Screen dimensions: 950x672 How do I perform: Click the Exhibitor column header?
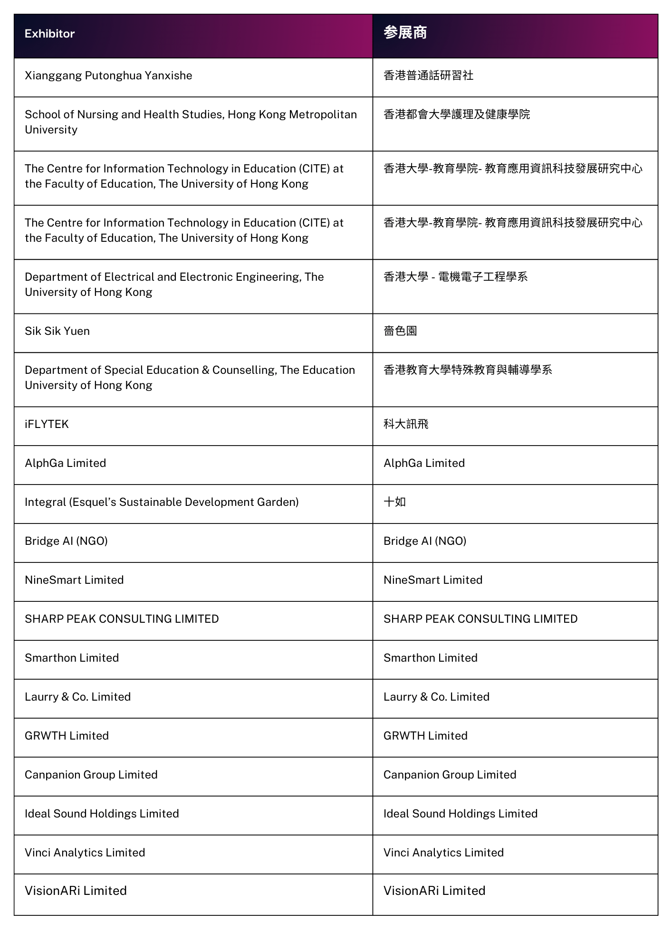pos(50,34)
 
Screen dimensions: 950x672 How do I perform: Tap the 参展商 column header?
pos(405,33)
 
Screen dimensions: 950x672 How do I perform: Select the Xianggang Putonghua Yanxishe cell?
pos(108,76)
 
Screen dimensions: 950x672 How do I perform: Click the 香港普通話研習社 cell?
pos(428,76)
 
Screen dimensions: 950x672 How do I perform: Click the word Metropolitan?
pos(323,114)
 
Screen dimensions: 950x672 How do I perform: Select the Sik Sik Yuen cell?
pos(57,331)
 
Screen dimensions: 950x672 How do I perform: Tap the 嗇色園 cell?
pos(400,331)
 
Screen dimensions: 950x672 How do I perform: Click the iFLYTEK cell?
pos(47,424)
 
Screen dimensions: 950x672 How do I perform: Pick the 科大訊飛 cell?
pos(406,424)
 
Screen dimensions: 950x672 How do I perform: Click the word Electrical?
pos(129,277)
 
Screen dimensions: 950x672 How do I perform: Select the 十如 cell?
pos(394,502)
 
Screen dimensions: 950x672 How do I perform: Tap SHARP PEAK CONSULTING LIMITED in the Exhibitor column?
pos(122,619)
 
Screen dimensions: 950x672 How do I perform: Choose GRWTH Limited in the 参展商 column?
pos(425,736)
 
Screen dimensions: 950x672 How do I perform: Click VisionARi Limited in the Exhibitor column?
pos(76,891)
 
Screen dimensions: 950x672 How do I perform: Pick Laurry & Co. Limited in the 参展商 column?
pos(436,697)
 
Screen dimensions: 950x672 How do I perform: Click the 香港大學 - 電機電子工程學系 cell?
pos(455,277)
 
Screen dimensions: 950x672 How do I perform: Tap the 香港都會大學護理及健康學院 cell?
pos(456,114)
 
